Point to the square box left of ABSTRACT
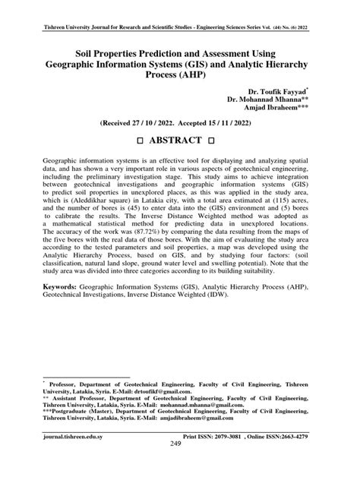[x=128, y=142]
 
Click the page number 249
[x=180, y=466]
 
